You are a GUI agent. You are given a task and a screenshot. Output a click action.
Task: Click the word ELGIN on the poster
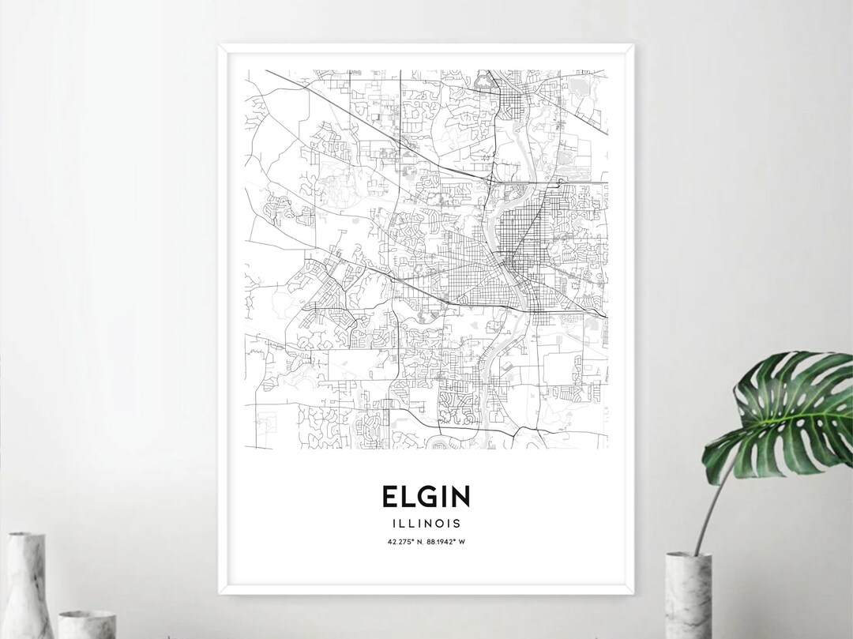click(426, 496)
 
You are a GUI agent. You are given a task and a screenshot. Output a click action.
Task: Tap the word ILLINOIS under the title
click(426, 523)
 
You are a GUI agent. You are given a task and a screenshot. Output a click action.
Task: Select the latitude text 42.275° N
click(405, 541)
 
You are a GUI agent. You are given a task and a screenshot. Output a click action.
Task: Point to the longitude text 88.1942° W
click(447, 541)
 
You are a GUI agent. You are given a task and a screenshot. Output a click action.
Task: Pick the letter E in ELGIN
click(392, 496)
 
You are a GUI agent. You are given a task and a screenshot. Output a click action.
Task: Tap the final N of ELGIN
click(460, 496)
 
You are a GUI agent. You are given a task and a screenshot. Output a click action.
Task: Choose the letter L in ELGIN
click(409, 496)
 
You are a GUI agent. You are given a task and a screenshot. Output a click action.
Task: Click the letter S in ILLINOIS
click(458, 523)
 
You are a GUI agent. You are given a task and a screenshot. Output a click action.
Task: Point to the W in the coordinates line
click(462, 541)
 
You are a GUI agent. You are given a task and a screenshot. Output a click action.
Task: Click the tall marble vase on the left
click(25, 584)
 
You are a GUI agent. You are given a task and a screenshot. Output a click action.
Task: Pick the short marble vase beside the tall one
click(87, 624)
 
